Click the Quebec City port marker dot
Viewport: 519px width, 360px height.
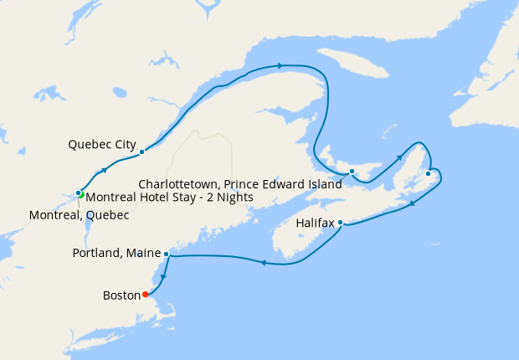click(142, 152)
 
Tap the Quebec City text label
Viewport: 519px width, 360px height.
click(102, 144)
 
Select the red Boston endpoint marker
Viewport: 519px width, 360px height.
click(146, 294)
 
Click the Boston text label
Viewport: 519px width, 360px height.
click(121, 295)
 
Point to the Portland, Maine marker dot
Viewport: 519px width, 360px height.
click(167, 253)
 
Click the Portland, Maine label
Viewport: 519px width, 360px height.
click(116, 253)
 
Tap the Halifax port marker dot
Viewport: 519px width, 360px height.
click(340, 223)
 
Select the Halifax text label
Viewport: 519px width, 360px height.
click(315, 224)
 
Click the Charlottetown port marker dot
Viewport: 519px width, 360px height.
click(352, 172)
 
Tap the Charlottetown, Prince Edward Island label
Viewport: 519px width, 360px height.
click(240, 183)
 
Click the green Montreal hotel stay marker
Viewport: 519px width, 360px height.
click(82, 195)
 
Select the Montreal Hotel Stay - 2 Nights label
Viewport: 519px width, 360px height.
click(170, 198)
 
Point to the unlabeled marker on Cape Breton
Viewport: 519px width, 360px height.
click(428, 173)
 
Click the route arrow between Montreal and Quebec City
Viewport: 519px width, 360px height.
click(105, 170)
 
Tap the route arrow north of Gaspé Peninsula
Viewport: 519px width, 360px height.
click(280, 65)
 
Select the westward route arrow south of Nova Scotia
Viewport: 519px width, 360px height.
click(263, 262)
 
